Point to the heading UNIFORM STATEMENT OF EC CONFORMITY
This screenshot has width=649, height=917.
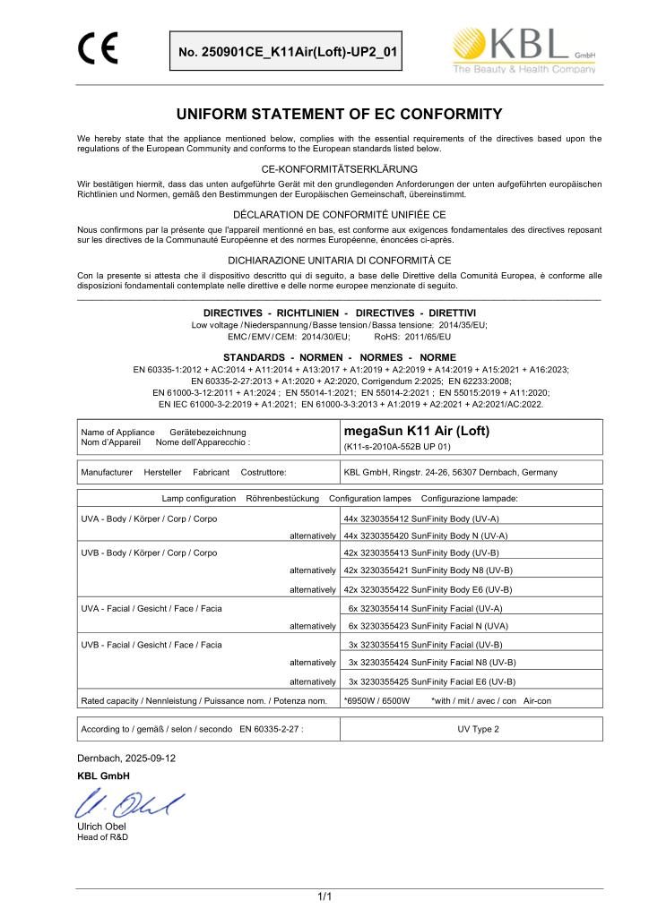tap(324, 114)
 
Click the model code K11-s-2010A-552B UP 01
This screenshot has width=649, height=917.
tap(397, 446)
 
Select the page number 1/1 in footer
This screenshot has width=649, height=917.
tap(324, 894)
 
